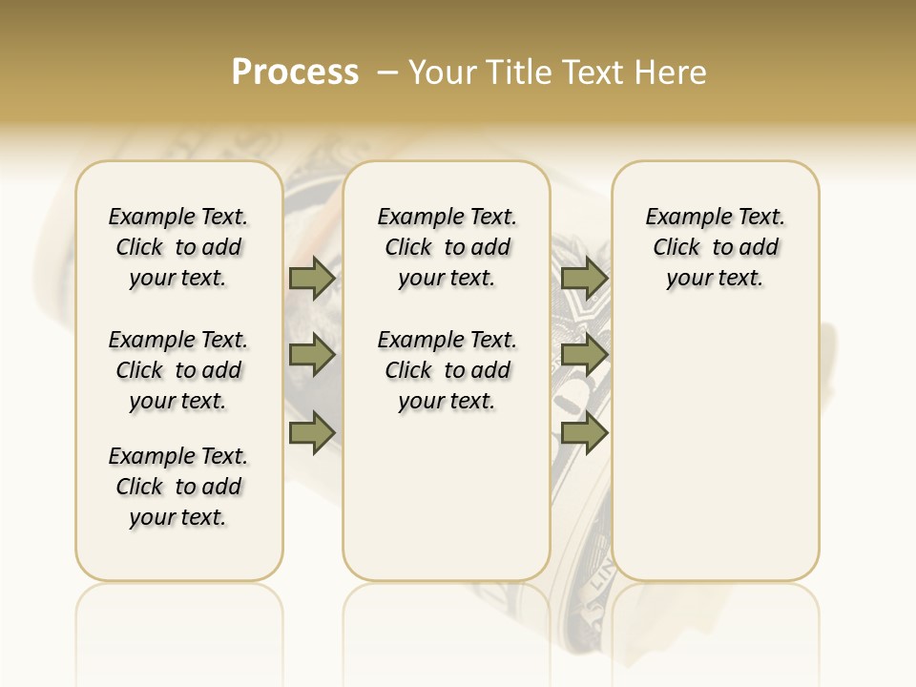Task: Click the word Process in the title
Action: click(x=295, y=73)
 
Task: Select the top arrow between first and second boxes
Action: click(x=312, y=278)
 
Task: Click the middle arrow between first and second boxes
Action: click(x=312, y=356)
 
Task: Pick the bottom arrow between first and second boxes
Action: click(x=312, y=432)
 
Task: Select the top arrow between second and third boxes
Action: click(x=584, y=278)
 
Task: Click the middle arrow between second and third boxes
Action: click(x=584, y=356)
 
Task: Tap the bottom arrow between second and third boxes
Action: click(x=584, y=432)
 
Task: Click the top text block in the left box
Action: click(x=178, y=247)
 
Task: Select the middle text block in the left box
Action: click(x=178, y=370)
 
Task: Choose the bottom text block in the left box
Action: click(x=178, y=487)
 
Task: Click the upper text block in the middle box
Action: click(x=447, y=247)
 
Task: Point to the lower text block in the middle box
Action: click(x=447, y=370)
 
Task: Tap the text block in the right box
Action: click(x=715, y=247)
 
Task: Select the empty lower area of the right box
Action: click(x=715, y=448)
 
